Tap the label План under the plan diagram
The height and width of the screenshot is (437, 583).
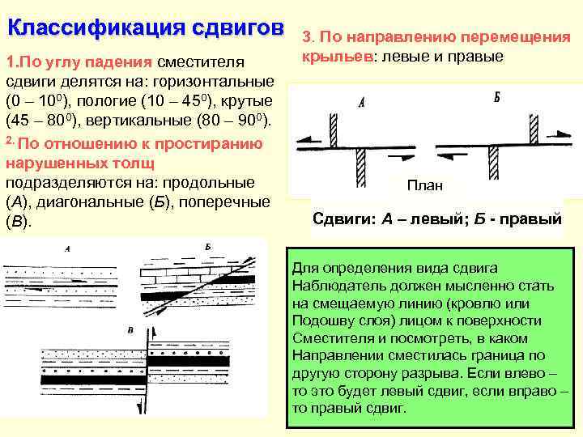(x=424, y=185)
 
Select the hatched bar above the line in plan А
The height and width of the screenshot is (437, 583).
(x=332, y=127)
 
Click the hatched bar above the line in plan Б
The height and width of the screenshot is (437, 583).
(x=534, y=127)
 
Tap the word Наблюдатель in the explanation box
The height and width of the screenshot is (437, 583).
(x=332, y=285)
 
